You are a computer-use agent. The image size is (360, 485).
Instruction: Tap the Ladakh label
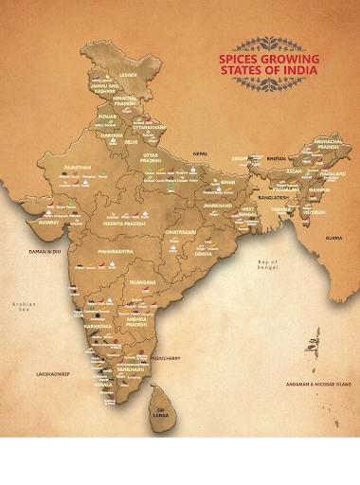pyautogui.click(x=127, y=74)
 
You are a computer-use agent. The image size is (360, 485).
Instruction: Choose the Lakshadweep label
pyautogui.click(x=53, y=373)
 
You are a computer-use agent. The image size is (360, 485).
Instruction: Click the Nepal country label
pyautogui.click(x=200, y=152)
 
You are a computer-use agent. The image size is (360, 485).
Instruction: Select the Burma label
pyautogui.click(x=333, y=238)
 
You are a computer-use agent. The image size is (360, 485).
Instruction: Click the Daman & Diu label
pyautogui.click(x=45, y=251)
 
